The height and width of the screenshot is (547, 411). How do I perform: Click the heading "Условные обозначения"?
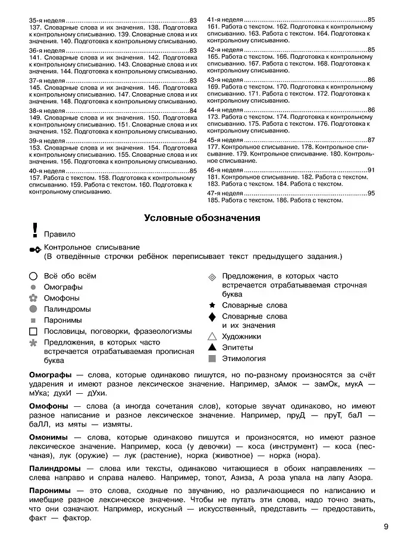coord(202,218)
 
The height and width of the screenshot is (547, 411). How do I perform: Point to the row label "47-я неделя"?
coord(225,194)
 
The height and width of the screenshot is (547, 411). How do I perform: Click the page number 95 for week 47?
coord(371,194)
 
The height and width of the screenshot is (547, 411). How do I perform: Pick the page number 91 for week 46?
coord(371,170)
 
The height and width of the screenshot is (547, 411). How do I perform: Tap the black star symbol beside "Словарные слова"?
coord(212,305)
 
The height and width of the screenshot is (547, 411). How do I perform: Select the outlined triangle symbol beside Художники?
coord(212,336)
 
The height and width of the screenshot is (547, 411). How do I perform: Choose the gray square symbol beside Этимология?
coord(212,359)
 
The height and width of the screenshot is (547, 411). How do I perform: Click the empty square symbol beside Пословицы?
coord(33,331)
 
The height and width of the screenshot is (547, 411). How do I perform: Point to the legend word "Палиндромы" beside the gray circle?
coord(67,309)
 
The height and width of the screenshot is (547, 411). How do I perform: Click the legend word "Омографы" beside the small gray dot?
coord(63,287)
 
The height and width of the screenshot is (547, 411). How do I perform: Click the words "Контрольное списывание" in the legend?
coord(92,247)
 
